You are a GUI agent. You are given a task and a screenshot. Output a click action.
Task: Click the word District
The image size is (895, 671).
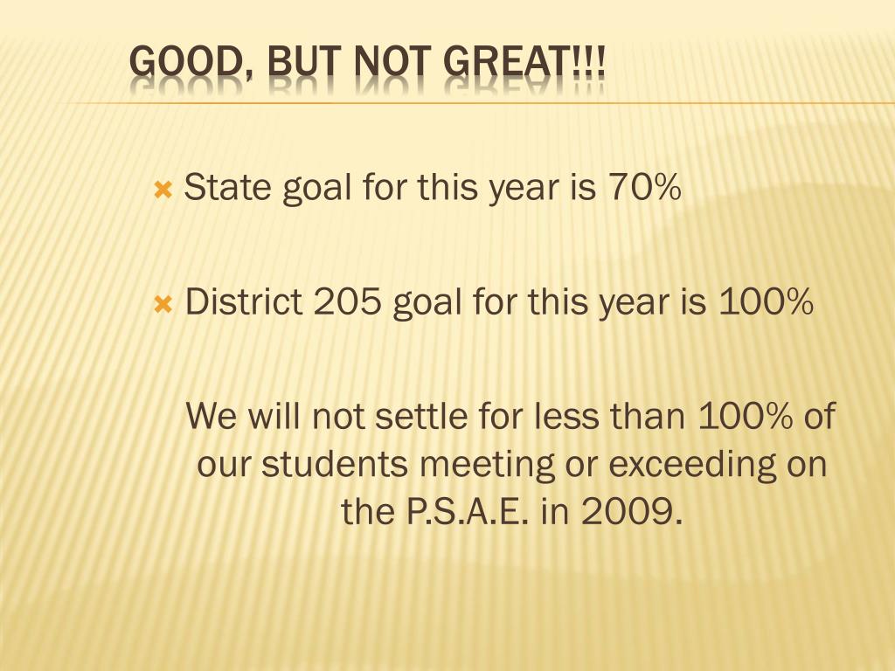[x=244, y=301]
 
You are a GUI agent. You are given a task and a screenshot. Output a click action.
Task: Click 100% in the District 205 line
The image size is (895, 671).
[x=766, y=301]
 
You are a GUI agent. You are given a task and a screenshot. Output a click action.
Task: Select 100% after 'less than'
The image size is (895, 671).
[x=745, y=415]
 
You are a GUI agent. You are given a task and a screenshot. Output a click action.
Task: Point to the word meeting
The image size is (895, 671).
[x=487, y=466]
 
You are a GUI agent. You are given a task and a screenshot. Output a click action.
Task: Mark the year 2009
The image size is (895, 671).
[x=631, y=511]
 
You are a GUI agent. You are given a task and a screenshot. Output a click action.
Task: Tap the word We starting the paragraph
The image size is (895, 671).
[x=211, y=415]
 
